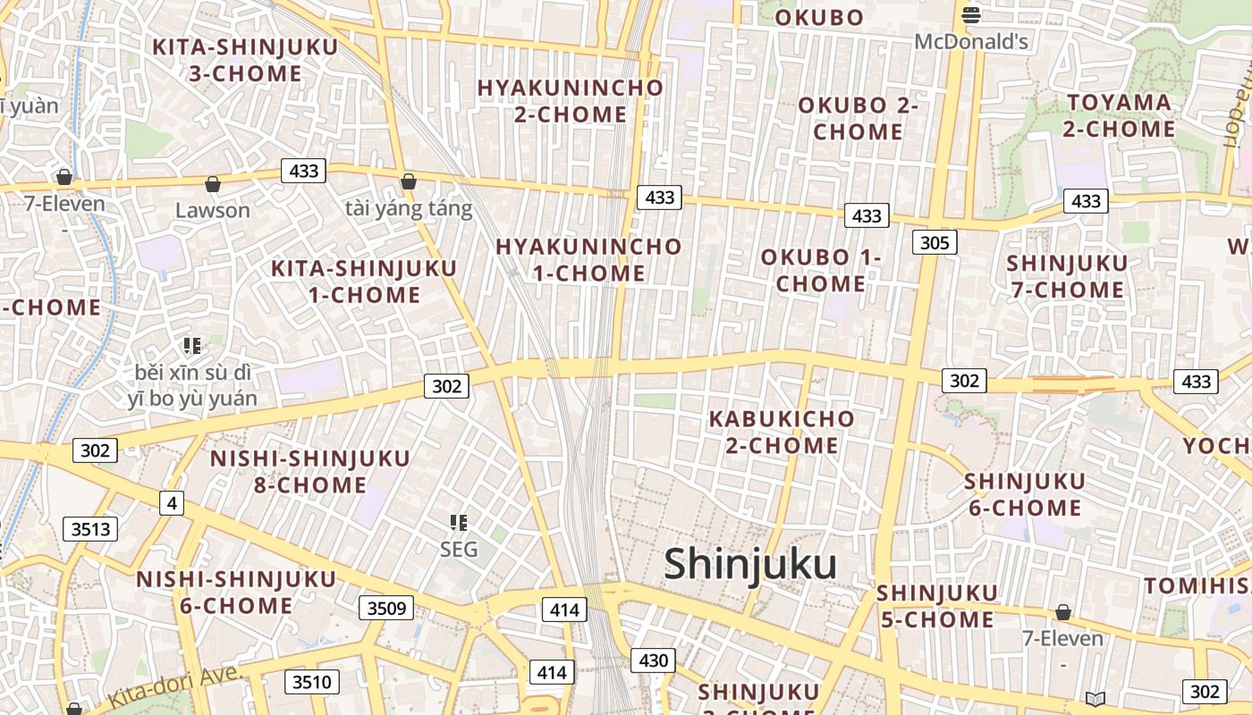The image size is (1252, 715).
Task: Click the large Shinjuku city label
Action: tap(750, 565)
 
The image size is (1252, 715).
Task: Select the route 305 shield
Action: tap(935, 242)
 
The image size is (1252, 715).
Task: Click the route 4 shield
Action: tap(171, 503)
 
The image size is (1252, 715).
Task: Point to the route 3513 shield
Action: tap(91, 529)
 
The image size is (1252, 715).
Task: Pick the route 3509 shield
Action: tap(386, 609)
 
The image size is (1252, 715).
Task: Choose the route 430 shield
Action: tap(653, 660)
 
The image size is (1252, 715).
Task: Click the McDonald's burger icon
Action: tap(971, 14)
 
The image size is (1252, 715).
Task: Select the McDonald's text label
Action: tap(971, 41)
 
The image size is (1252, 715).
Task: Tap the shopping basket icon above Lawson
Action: tap(213, 184)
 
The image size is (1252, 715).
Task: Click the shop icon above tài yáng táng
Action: tap(409, 181)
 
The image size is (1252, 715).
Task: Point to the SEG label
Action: tap(459, 550)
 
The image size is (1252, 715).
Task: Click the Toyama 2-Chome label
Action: tap(1119, 115)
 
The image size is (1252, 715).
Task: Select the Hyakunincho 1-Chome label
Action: tap(588, 259)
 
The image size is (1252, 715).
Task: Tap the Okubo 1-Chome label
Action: tap(821, 270)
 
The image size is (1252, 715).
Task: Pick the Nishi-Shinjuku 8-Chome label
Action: tap(309, 471)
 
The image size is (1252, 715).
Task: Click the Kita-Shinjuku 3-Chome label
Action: tap(245, 60)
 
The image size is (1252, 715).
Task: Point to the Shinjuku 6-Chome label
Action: tap(1024, 494)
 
